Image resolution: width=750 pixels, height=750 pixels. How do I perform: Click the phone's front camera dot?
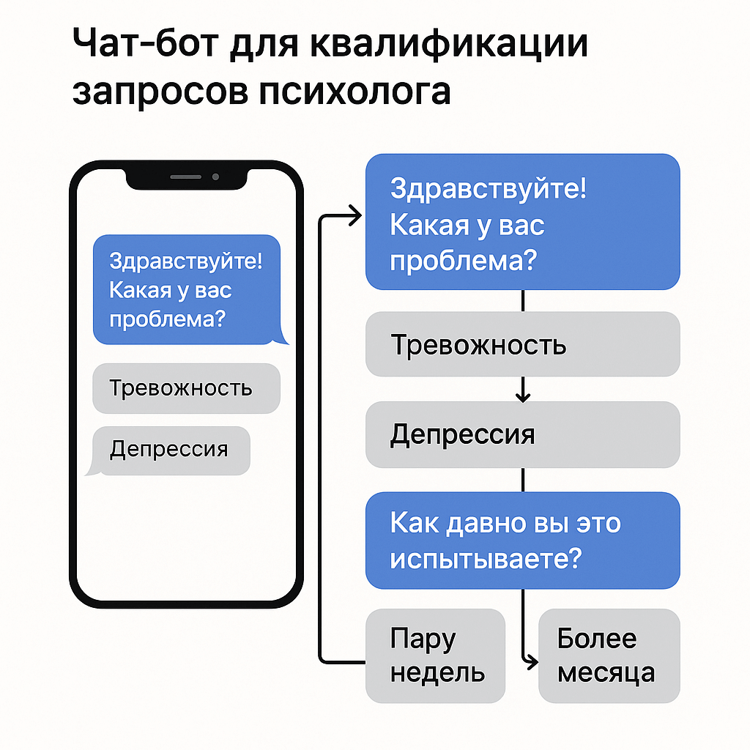215,177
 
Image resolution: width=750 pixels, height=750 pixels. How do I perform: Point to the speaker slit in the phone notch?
185,177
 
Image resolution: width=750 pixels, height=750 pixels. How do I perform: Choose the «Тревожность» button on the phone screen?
186,387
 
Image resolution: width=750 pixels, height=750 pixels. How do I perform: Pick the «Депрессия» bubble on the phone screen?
171,449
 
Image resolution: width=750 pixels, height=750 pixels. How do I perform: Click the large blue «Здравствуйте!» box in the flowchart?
522,222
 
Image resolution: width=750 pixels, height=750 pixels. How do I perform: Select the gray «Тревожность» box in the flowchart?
522,344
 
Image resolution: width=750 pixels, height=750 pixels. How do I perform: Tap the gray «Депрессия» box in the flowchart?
522,435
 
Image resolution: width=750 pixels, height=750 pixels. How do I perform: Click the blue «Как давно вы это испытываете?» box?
522,541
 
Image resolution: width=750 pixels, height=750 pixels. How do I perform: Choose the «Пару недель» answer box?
436,655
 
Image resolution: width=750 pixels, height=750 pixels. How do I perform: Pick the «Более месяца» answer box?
609,655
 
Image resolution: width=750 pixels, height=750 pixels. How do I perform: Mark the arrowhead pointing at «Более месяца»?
531,661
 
